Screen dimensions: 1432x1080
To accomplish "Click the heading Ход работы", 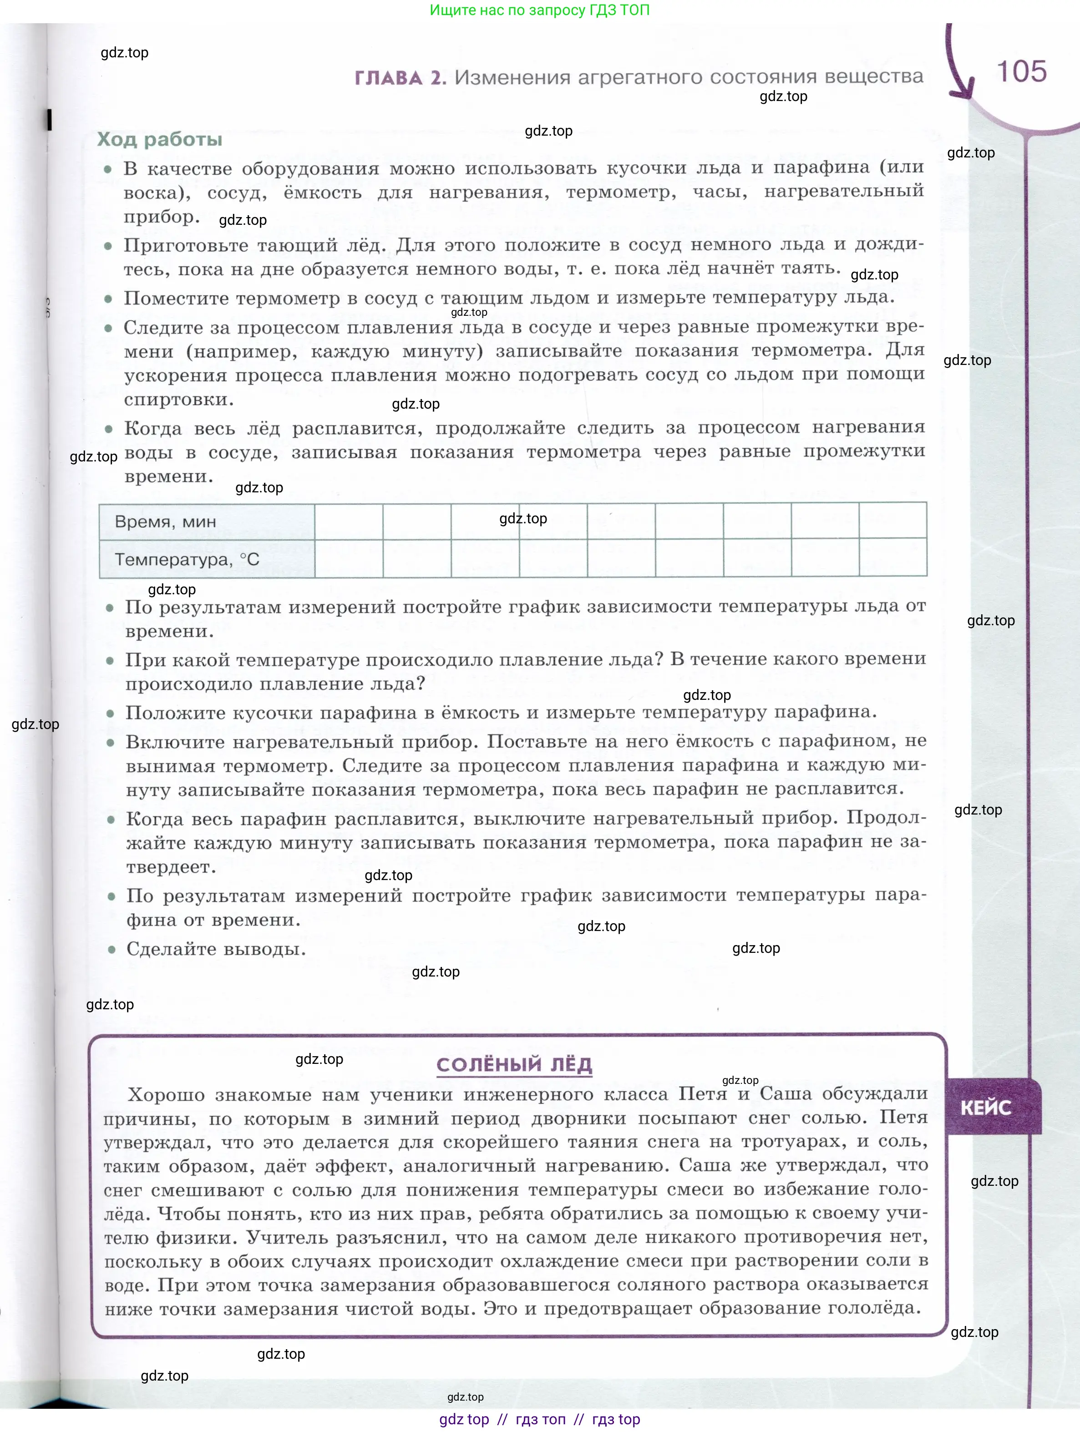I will [159, 139].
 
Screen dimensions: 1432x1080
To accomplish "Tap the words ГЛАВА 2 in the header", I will [400, 78].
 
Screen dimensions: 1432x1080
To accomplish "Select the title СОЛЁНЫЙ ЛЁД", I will [514, 1064].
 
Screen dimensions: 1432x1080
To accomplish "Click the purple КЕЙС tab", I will [985, 1108].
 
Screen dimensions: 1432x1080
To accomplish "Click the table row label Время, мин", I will [165, 522].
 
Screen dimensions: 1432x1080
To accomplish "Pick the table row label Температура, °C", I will [187, 559].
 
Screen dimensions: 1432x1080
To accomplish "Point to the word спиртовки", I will [179, 400].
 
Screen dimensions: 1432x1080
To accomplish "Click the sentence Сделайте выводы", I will [216, 949].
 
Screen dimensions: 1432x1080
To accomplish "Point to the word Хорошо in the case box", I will [167, 1095].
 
